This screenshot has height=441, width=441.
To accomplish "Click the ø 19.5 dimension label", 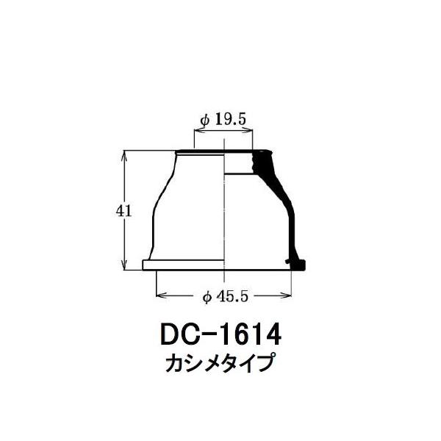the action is (223, 120).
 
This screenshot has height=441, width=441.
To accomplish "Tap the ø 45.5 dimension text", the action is (226, 296).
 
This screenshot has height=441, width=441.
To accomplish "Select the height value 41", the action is (123, 211).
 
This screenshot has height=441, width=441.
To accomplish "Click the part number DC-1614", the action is (220, 334).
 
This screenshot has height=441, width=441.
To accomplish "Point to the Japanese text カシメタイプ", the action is (220, 363).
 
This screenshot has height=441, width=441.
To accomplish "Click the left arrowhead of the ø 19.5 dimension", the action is (198, 130).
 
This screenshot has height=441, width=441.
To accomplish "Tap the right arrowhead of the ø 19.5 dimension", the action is (248, 130).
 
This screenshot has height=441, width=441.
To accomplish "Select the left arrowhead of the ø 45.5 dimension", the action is (160, 295).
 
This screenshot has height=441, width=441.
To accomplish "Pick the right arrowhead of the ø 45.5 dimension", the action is (287, 295).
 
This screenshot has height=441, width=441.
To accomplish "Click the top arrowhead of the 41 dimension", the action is (124, 156).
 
